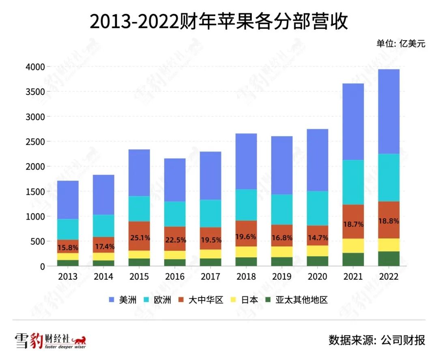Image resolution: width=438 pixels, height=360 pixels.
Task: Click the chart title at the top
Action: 219,22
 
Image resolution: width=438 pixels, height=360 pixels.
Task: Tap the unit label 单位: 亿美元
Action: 401,44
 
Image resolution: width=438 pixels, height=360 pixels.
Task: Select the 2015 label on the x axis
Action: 139,277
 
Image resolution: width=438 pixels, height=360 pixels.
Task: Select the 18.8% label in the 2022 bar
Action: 389,221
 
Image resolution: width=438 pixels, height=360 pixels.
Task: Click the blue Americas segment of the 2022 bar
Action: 389,112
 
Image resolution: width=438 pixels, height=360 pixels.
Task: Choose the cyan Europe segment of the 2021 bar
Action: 353,182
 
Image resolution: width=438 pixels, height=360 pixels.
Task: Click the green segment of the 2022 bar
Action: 389,259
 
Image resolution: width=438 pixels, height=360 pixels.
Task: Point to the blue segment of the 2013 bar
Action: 68,200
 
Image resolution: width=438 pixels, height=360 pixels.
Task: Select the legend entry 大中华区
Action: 203,300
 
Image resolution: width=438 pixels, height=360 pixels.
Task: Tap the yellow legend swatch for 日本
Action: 234,300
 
